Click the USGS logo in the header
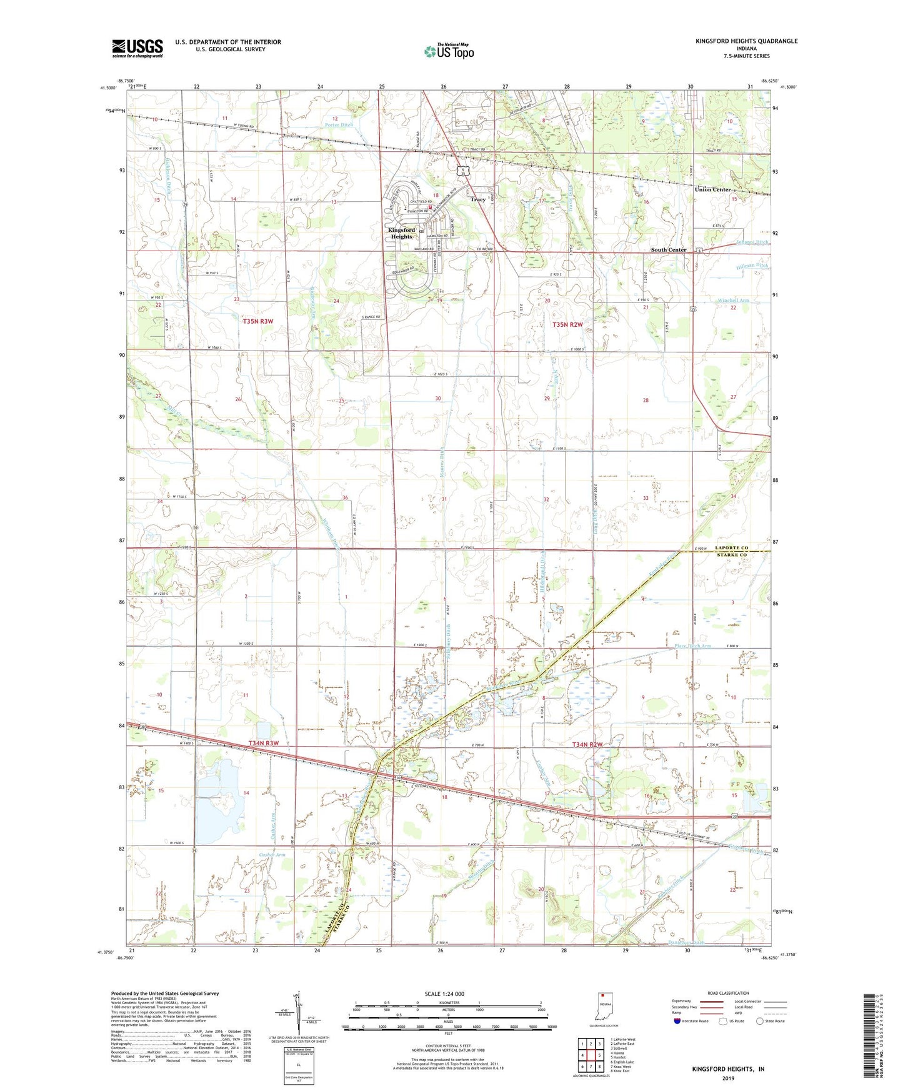point(137,48)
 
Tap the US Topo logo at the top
point(449,51)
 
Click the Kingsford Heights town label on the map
point(401,233)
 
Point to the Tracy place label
point(477,199)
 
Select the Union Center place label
point(713,189)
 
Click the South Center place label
point(669,250)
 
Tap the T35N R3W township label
point(258,321)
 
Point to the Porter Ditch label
point(339,125)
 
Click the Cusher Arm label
point(272,855)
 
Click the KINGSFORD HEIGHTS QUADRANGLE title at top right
point(746,41)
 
